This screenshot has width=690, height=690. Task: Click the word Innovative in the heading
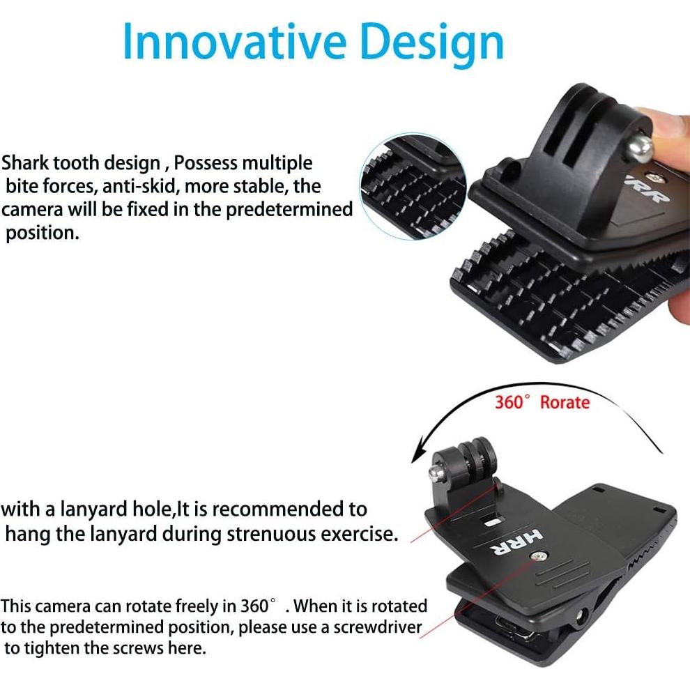235,41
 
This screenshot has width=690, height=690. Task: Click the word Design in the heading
432,45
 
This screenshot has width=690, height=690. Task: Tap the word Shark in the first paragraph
25,163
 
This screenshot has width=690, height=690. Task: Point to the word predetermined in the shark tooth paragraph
289,210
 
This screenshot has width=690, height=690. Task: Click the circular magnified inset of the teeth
413,187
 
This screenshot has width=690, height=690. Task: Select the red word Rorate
565,403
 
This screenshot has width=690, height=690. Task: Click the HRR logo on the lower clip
516,542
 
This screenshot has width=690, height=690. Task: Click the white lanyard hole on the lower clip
493,522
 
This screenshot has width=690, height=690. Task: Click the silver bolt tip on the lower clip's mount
436,472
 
